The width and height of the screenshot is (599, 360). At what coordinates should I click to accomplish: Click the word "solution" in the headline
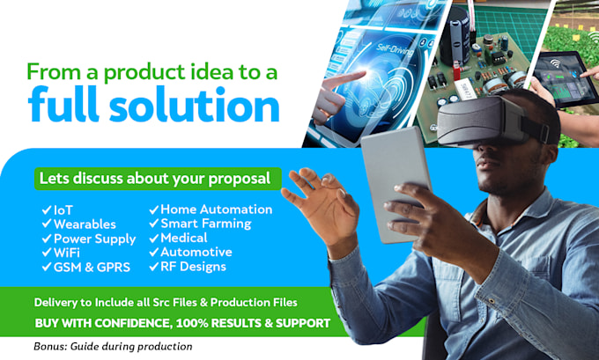(x=195, y=104)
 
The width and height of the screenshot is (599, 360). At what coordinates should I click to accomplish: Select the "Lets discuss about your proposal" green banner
(x=158, y=179)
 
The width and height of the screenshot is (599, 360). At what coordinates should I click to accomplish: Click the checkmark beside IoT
(x=47, y=210)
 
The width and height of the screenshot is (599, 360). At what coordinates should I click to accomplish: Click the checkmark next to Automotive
(x=153, y=253)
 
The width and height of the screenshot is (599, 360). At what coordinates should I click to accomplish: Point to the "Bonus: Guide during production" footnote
(x=113, y=347)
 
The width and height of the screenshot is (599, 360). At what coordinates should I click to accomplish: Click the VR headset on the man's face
(x=492, y=121)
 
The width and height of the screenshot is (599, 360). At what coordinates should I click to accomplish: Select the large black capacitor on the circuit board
(x=455, y=35)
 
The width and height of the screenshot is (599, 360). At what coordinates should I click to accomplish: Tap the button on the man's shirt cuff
(x=491, y=301)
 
